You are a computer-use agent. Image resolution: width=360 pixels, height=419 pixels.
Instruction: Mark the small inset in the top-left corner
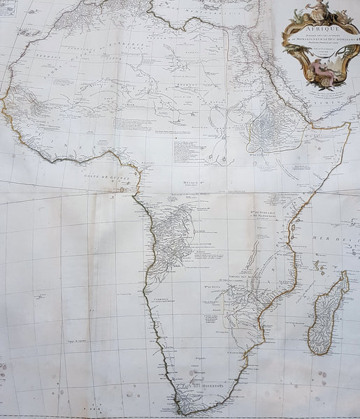coord(8,7)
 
